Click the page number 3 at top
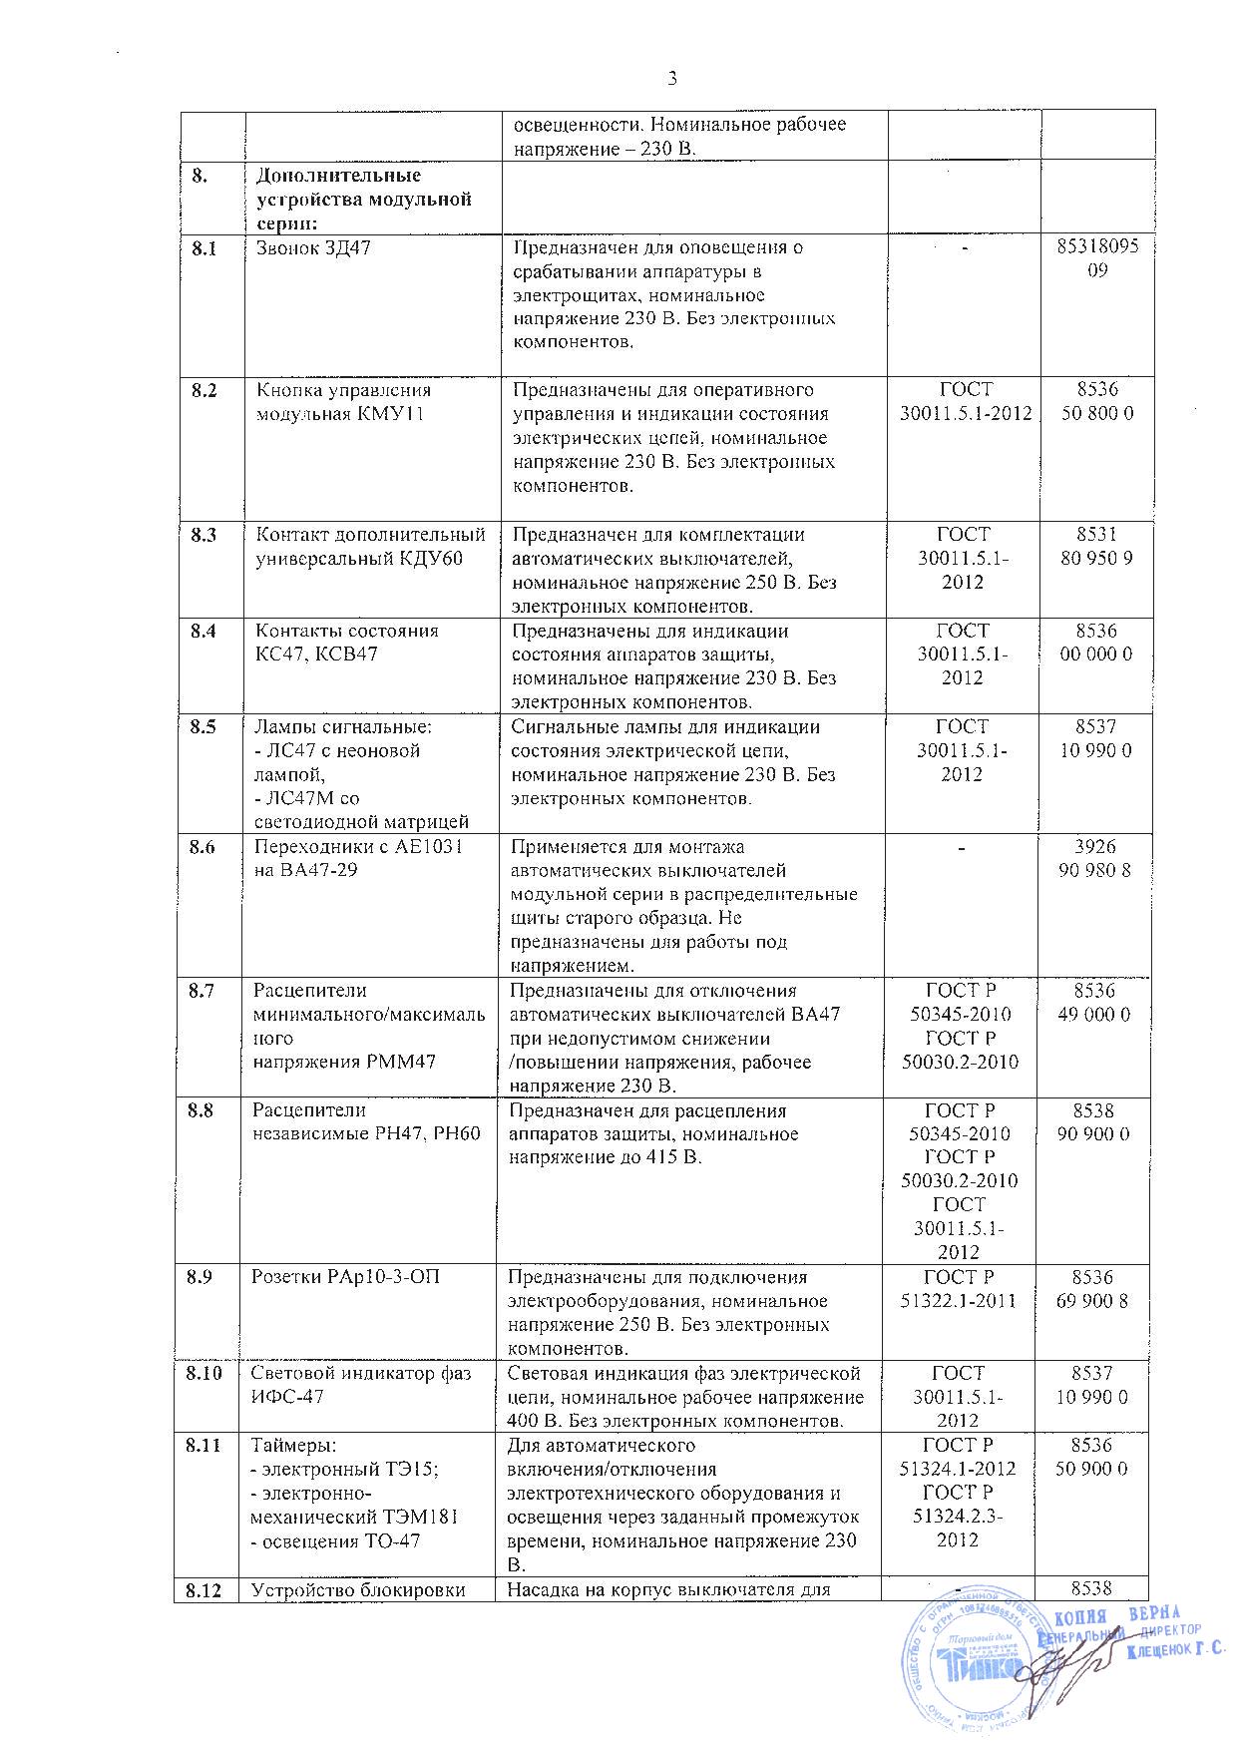[x=670, y=79]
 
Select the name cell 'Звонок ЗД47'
[x=313, y=248]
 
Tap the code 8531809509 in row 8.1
[x=1096, y=258]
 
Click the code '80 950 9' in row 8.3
[x=1096, y=559]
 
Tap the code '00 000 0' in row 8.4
[x=1096, y=655]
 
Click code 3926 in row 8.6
[x=1096, y=847]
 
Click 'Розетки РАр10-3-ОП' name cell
[x=344, y=1278]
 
